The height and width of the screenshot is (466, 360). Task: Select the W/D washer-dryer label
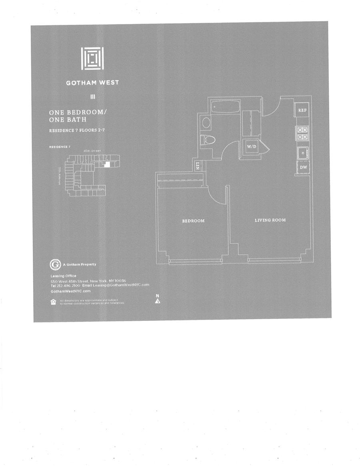click(252, 147)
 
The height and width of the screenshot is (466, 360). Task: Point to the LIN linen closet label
click(198, 166)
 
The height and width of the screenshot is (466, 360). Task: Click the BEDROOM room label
click(193, 221)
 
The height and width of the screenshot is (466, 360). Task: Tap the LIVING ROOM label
click(270, 220)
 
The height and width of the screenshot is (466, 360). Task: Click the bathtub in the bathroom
click(224, 107)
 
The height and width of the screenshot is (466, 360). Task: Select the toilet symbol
click(208, 139)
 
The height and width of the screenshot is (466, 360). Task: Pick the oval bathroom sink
click(206, 122)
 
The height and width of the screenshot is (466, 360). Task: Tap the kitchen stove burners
click(302, 133)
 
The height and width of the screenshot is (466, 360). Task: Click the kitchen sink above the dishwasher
click(302, 153)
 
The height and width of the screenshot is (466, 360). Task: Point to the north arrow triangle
click(158, 301)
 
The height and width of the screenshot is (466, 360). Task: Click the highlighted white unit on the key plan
click(107, 165)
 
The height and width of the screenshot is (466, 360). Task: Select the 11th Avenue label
click(60, 175)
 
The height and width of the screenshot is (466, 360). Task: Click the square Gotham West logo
click(92, 58)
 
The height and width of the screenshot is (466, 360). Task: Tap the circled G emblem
click(55, 264)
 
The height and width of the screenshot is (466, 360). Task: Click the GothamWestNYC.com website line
click(71, 291)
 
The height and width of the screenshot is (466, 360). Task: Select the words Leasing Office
click(63, 276)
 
